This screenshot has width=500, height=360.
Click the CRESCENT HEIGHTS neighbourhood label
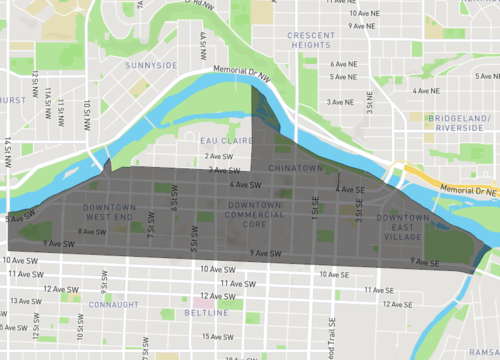coord(309,40)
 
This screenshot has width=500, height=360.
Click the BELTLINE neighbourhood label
coord(207,312)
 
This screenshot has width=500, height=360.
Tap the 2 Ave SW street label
coord(219,156)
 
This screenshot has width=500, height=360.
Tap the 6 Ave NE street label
coord(344,63)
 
